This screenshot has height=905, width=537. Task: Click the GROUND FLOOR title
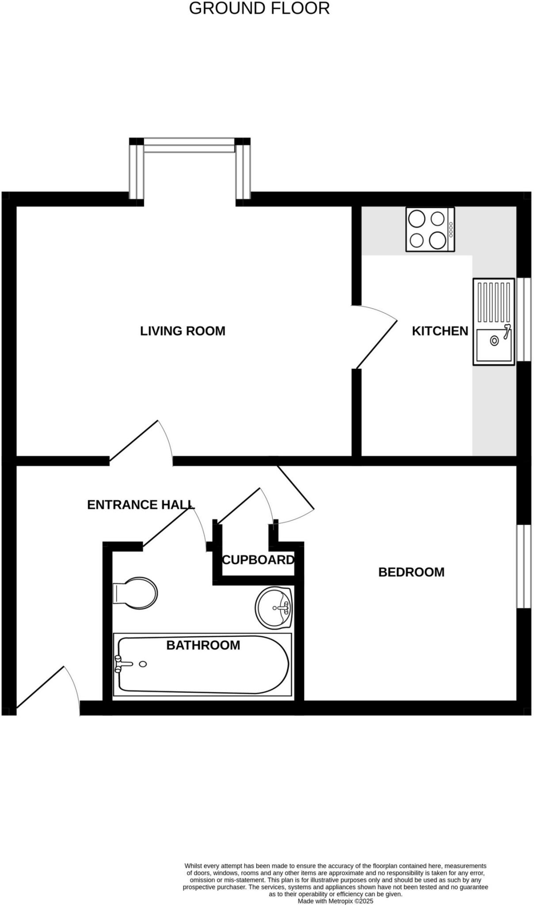259,8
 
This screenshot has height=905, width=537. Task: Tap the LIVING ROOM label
183,331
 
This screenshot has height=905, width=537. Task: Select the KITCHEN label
440,331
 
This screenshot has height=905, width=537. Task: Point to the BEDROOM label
411,572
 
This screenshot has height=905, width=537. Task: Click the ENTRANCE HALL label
141,505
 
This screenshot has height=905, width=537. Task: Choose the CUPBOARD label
258,560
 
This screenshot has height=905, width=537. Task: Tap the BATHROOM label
203,645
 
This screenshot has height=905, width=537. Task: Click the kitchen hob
430,230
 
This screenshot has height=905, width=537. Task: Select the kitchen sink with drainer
494,322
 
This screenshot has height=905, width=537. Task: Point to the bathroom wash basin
274,608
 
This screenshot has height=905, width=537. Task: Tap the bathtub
202,665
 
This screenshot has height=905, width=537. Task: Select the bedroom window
524,567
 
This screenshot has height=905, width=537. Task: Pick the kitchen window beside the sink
524,319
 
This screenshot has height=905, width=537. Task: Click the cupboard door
239,506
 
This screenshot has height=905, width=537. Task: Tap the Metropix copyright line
335,901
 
